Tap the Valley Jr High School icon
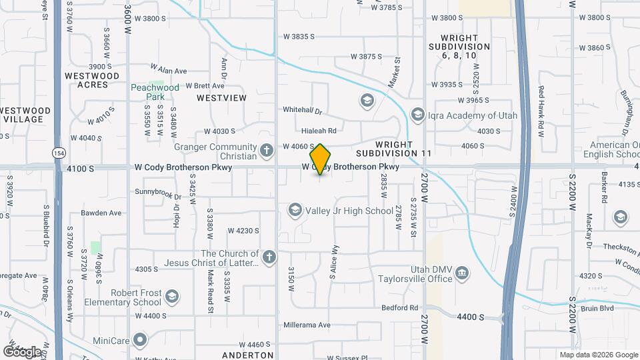point(294,211)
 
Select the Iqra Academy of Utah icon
point(418,115)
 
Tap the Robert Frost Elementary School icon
point(172,297)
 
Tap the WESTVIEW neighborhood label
point(221,98)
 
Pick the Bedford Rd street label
point(399,307)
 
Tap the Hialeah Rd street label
point(319,131)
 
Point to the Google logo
point(22,351)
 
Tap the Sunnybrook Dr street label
point(158,195)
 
